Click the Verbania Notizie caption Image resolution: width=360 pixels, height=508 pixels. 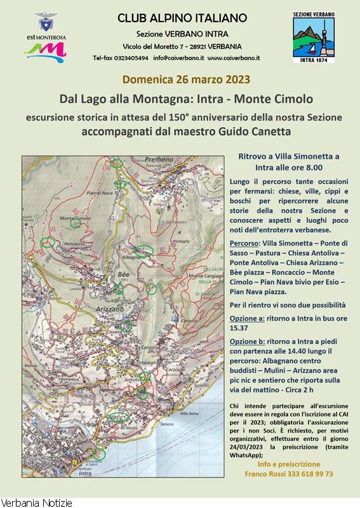[x=37, y=502]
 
